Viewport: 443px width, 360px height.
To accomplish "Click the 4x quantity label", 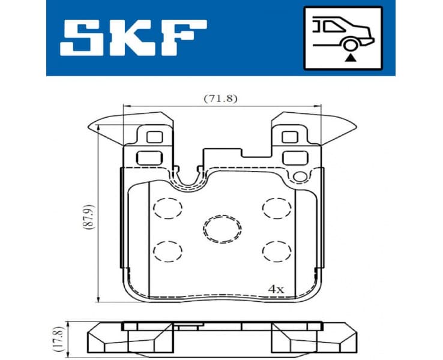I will point(276,289).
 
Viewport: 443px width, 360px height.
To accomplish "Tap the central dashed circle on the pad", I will point(221,227).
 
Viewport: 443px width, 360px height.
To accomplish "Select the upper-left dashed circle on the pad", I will point(167,208).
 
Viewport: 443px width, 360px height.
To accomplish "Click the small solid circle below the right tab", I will point(297,176).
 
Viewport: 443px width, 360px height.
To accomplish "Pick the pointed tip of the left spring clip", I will point(89,127).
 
